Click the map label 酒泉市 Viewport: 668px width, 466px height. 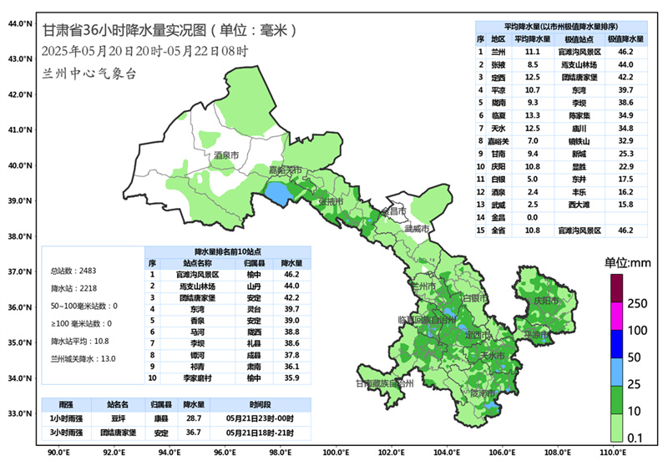coord(225,155)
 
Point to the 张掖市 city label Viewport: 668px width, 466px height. coord(331,202)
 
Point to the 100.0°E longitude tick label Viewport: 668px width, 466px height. coord(336,453)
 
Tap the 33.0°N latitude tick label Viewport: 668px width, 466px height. coord(18,413)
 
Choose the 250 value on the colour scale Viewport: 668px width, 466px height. coord(637,303)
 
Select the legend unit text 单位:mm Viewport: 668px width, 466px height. coord(627,262)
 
